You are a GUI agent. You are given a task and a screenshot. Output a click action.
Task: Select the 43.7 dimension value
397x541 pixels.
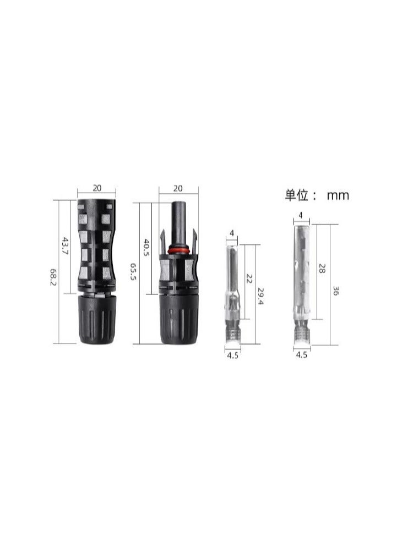coord(64,245)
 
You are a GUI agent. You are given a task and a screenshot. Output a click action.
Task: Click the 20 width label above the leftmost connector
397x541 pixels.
coord(97,188)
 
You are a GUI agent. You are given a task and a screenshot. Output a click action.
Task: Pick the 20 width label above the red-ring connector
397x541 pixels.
coord(178,188)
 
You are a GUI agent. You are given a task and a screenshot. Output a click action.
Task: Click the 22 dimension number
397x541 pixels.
coord(249,279)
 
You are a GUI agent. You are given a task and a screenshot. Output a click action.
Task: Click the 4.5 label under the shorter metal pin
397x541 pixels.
coord(233,356)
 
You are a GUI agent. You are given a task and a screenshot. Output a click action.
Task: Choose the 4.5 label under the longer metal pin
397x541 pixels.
coord(301,356)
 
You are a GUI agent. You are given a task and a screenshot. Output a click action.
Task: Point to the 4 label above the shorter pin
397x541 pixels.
coord(232,234)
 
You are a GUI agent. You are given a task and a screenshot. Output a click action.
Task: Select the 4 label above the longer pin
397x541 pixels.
coord(301,215)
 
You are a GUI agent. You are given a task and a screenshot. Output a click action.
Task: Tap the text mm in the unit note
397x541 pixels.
coord(338,195)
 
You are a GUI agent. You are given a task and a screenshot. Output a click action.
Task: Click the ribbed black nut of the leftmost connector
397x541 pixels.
coord(97,319)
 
